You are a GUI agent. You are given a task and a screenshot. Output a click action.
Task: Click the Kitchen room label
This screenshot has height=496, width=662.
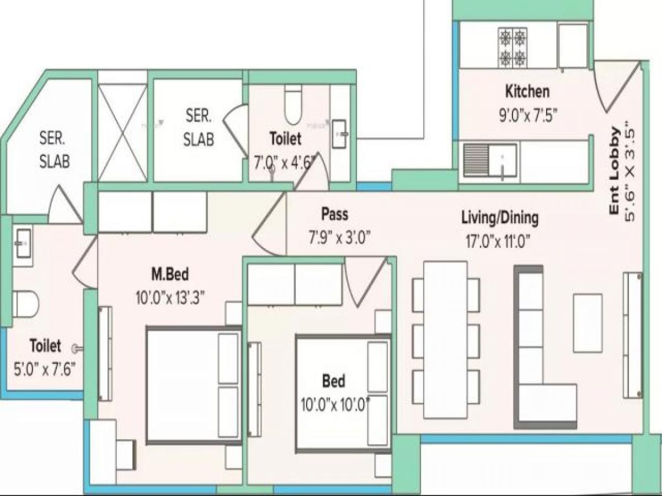click(x=527, y=91)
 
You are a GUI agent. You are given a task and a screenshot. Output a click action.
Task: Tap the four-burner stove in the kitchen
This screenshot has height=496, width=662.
click(x=512, y=47)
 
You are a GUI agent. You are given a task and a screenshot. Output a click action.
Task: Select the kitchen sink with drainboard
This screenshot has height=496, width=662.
click(x=490, y=160)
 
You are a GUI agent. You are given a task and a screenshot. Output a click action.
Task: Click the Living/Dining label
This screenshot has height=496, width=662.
click(x=500, y=218)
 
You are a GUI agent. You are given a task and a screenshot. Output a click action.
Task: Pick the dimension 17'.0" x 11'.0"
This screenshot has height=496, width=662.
click(x=500, y=241)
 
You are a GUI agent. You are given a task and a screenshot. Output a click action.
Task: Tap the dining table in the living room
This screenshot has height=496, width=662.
click(x=445, y=339)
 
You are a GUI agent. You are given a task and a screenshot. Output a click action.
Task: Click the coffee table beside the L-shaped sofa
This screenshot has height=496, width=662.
click(x=587, y=323)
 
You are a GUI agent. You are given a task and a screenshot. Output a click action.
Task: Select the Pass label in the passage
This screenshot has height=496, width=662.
click(x=335, y=214)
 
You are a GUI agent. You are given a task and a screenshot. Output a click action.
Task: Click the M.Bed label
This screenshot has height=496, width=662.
click(x=169, y=273)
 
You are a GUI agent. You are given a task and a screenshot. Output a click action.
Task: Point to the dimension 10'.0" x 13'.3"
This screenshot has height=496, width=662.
click(x=170, y=298)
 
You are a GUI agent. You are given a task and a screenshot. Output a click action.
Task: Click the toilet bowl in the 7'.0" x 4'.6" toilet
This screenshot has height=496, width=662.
click(x=293, y=105)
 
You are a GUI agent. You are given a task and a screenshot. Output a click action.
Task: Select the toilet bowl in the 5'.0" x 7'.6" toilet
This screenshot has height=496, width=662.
click(x=25, y=304)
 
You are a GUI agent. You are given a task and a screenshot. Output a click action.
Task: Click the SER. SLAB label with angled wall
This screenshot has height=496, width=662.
click(x=54, y=149)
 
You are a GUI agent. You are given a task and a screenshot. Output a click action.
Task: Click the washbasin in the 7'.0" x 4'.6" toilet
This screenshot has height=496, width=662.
click(x=339, y=133)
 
